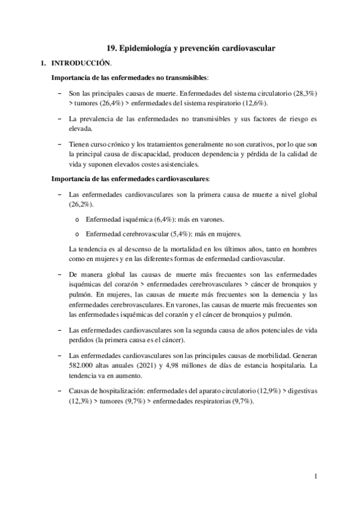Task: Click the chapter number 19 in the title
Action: pyautogui.click(x=111, y=48)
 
